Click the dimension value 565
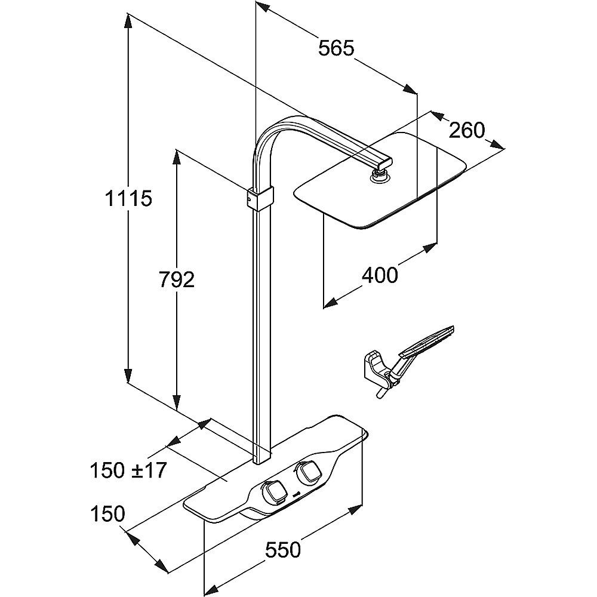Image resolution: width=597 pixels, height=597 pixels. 336,48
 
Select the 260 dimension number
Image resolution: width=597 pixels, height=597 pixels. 466,130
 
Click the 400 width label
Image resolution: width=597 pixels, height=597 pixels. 380,275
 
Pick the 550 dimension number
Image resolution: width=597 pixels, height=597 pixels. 282,549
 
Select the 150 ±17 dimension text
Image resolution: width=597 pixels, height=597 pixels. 127,470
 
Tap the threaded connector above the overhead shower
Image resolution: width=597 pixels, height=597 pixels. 379,176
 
